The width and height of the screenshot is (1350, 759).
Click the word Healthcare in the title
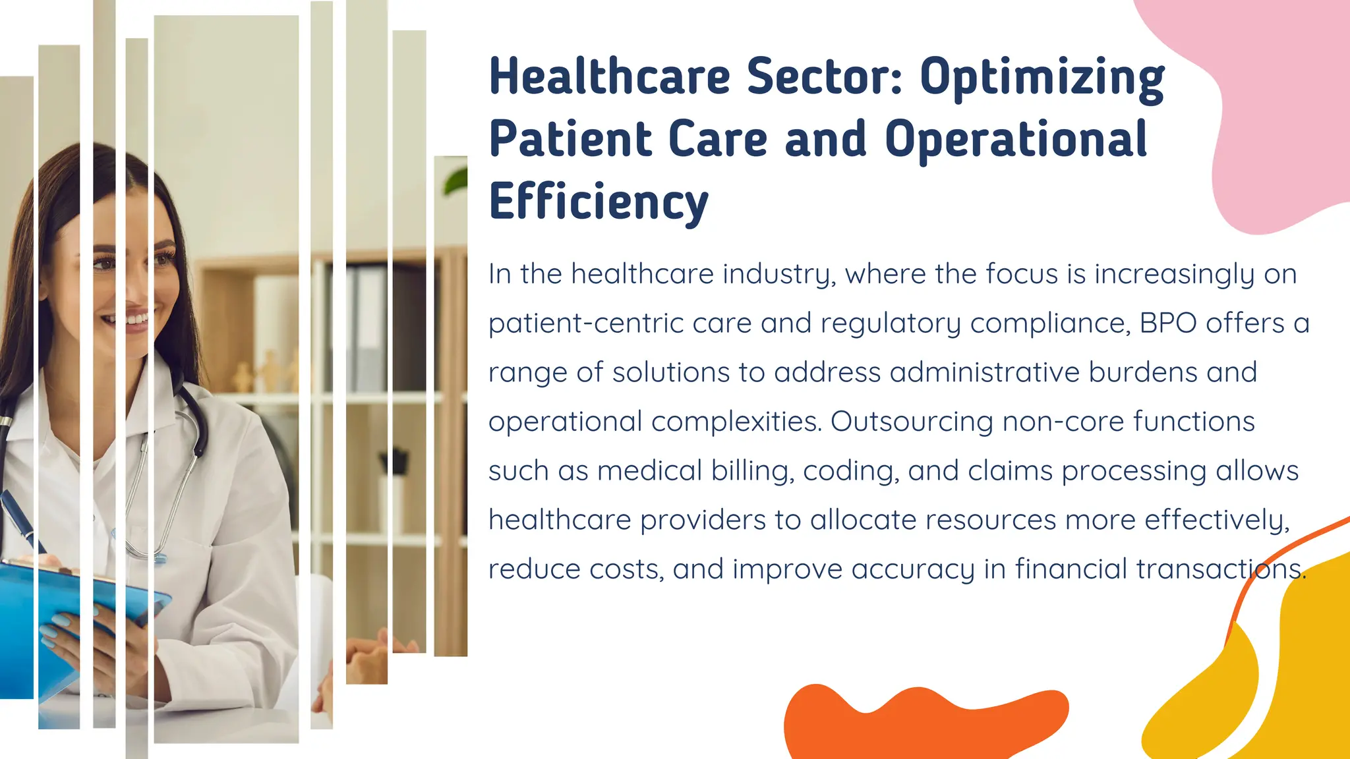(610, 76)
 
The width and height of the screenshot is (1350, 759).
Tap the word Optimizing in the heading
(1042, 78)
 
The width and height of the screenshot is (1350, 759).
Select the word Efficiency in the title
(599, 202)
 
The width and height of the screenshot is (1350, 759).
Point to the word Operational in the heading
(1016, 139)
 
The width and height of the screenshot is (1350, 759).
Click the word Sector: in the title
(824, 76)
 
